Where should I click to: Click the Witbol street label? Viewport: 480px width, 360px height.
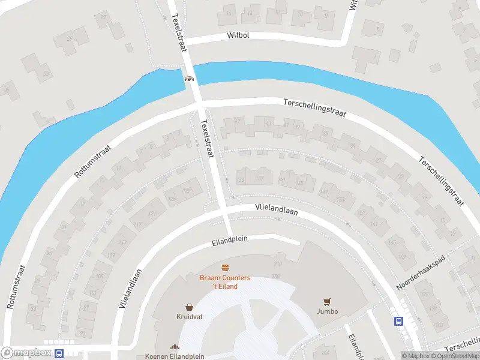coord(238,35)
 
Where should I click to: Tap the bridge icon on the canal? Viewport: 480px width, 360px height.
coord(190,77)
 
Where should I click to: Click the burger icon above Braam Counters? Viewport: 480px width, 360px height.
coord(226,268)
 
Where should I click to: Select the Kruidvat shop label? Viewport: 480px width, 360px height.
coord(188,316)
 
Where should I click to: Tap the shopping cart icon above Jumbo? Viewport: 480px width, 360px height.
coord(328,301)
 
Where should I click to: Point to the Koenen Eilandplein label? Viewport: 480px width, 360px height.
coord(175,355)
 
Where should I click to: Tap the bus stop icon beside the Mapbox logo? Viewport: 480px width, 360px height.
coord(59,353)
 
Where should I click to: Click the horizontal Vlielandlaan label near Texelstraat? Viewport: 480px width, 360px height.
coord(276,208)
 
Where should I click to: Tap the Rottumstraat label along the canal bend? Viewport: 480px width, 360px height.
coord(94,160)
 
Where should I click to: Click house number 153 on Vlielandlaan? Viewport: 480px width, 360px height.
coord(341,199)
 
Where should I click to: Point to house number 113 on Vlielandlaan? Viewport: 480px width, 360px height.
coord(123,242)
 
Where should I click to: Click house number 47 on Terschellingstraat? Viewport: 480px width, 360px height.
coord(237,121)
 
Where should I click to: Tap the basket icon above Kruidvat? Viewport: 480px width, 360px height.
coord(189,306)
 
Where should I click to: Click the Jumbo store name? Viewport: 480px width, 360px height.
coord(328,311)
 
